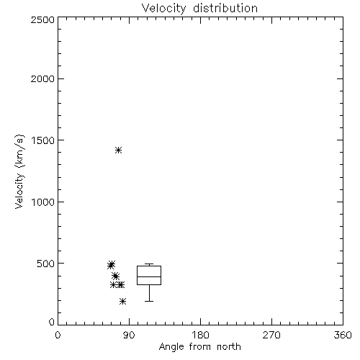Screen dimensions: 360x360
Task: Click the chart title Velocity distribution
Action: click(x=199, y=9)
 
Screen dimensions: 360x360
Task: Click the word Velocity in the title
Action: click(x=163, y=9)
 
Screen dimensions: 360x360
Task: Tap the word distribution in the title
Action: click(x=225, y=8)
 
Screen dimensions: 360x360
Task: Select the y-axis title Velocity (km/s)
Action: click(x=19, y=171)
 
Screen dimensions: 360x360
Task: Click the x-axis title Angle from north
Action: click(x=200, y=347)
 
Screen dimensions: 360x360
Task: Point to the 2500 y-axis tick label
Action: click(x=42, y=19)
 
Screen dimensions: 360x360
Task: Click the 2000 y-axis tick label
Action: click(x=42, y=78)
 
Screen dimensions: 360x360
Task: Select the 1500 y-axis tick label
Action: click(x=43, y=140)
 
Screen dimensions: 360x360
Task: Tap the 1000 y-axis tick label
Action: click(x=43, y=202)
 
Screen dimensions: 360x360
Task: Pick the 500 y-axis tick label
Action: click(x=46, y=264)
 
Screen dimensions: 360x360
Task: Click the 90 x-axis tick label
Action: click(x=129, y=335)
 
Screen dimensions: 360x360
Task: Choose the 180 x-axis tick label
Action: click(x=200, y=335)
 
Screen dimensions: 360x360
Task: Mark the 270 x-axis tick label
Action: click(x=271, y=335)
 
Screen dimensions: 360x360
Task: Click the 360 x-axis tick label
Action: click(x=343, y=335)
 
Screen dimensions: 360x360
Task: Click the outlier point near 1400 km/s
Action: click(x=118, y=150)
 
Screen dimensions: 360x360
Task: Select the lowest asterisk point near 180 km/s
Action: click(x=122, y=301)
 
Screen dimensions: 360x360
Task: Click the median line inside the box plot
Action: click(x=149, y=276)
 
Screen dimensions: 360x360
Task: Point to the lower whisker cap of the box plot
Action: click(x=149, y=301)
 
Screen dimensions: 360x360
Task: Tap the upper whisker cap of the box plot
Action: click(x=149, y=264)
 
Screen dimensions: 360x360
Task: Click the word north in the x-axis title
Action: click(x=229, y=346)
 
